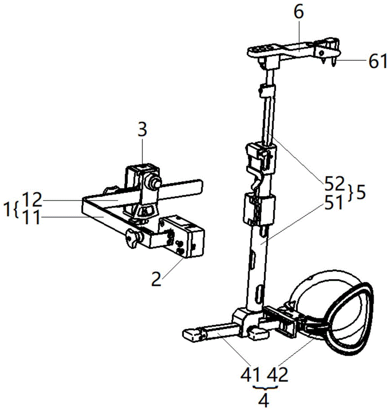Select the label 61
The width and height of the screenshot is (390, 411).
coord(377,62)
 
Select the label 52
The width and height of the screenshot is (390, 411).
coord(334,184)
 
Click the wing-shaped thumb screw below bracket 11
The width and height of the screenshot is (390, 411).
coord(133,240)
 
